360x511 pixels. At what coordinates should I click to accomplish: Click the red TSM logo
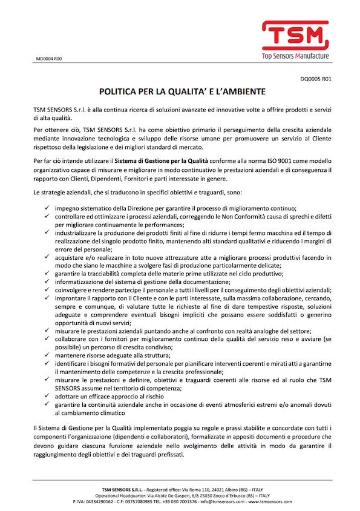coord(295,35)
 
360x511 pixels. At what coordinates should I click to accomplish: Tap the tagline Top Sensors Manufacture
coord(295,56)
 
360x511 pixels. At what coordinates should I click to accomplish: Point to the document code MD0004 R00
coord(50,59)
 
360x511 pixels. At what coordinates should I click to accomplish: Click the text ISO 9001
coord(277,162)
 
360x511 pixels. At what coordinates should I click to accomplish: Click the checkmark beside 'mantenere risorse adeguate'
coord(47,354)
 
